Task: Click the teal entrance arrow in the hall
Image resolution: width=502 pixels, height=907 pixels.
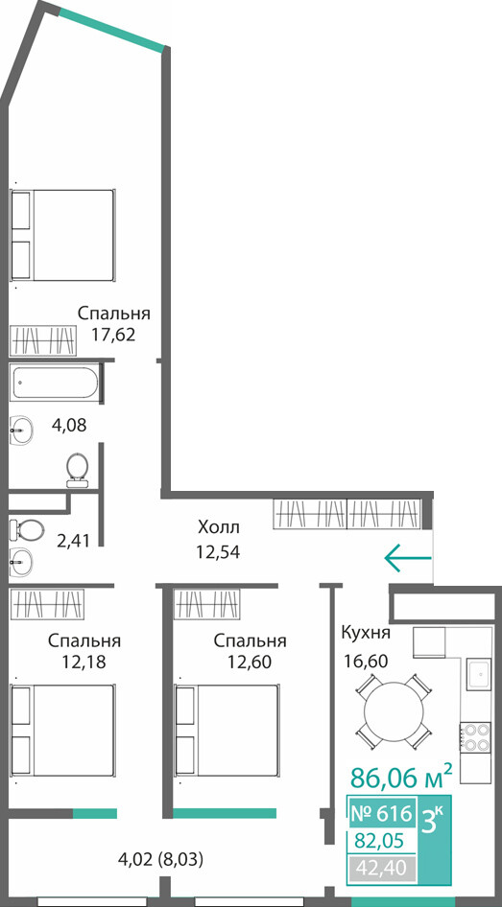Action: pos(408,558)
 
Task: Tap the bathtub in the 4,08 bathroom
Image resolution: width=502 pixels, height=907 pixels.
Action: pos(55,383)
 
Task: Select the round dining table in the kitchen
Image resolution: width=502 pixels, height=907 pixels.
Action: pos(394,711)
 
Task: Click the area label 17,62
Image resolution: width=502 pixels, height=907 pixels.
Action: pos(113,335)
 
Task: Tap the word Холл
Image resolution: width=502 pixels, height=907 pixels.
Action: pos(218,527)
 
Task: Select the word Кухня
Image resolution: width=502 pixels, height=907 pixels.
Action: pos(366,632)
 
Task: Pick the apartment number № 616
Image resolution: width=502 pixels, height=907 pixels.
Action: pos(381,813)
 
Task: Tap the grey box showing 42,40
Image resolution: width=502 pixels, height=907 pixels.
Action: pos(382,867)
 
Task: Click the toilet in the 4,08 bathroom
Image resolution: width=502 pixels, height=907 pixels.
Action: pos(77,470)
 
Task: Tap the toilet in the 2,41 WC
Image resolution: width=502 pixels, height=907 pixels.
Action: pos(27,528)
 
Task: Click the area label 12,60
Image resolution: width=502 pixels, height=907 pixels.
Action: pos(250,661)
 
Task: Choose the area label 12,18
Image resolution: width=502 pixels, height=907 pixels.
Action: pos(84,661)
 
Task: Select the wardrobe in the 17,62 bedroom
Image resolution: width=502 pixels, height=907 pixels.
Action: pos(43,340)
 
